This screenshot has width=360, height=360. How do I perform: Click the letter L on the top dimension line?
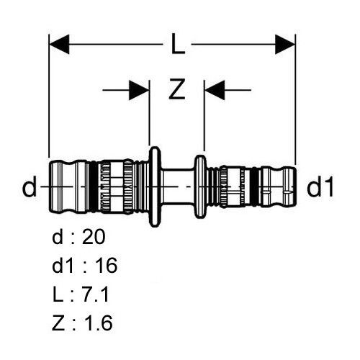point(178,44)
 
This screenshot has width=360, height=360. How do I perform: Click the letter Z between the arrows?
point(177,89)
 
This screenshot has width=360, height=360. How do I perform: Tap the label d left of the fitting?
point(30,186)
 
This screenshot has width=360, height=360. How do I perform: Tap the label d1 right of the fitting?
point(320,186)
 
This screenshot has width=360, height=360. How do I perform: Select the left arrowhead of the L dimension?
point(59,44)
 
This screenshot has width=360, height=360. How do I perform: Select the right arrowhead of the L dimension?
point(285,44)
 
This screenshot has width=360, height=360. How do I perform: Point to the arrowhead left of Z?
point(139,90)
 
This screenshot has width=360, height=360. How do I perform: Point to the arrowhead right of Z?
point(215,90)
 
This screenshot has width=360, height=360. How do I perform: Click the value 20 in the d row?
point(94,237)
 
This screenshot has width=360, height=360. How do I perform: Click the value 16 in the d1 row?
point(106,266)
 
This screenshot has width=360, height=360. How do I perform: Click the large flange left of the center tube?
point(155,186)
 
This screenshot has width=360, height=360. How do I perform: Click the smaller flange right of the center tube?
point(200,186)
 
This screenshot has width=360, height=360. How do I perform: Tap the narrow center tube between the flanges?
point(177,186)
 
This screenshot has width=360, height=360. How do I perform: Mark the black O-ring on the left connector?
point(94,186)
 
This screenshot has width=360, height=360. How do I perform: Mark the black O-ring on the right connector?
point(253,186)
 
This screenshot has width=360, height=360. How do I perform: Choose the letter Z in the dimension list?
point(58,323)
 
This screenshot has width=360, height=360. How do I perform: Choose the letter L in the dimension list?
point(58,294)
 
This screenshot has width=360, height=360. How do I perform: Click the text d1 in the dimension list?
point(63,266)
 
